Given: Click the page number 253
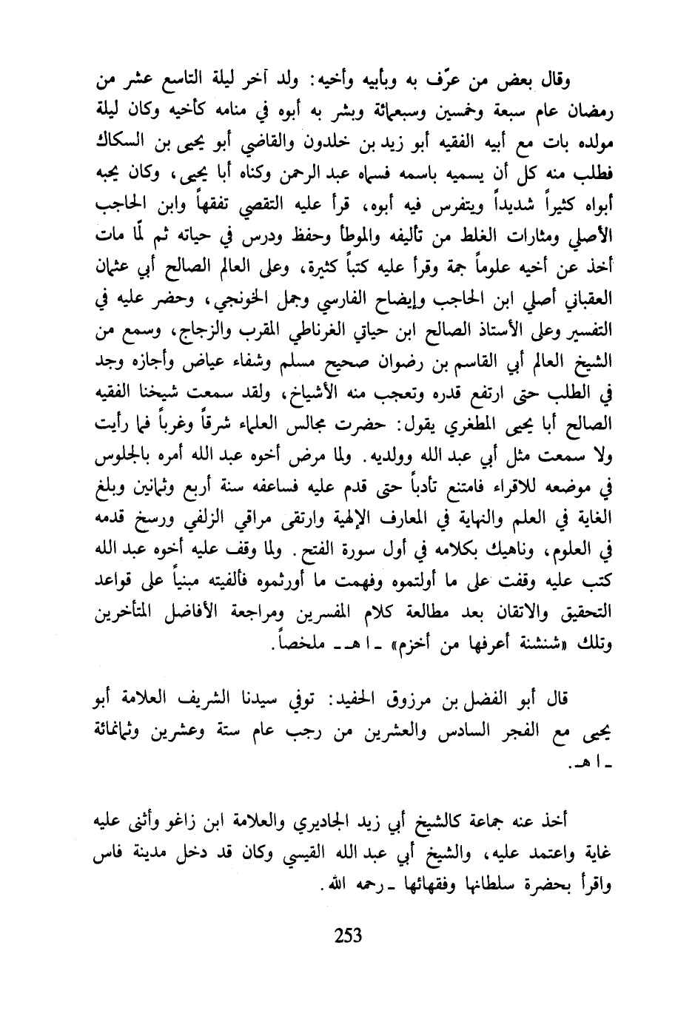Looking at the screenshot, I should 347,936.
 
